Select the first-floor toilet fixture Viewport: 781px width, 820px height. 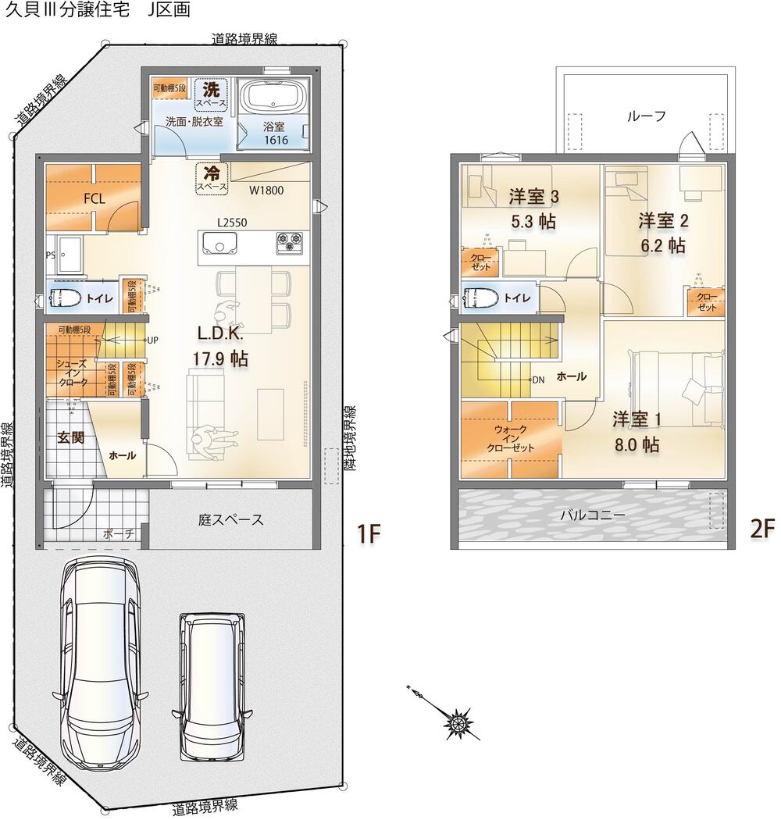(x=65, y=298)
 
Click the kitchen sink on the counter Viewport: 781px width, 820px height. (x=218, y=244)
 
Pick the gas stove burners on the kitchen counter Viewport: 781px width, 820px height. (x=289, y=243)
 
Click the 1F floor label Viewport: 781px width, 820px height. (x=369, y=533)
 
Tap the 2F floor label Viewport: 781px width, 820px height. (x=762, y=529)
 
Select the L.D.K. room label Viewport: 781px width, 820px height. (x=220, y=333)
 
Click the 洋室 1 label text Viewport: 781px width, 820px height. (x=637, y=419)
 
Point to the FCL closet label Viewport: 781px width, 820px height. (x=95, y=198)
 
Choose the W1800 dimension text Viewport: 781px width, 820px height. (x=266, y=190)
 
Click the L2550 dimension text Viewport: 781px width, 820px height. (x=232, y=223)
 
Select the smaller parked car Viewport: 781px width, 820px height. (x=212, y=687)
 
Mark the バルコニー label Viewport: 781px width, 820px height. (x=593, y=515)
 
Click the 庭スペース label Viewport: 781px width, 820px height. (x=230, y=520)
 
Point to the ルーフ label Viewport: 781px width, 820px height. (x=646, y=116)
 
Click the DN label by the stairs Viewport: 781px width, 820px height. (x=538, y=380)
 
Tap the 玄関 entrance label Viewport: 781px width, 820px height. (x=70, y=437)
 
